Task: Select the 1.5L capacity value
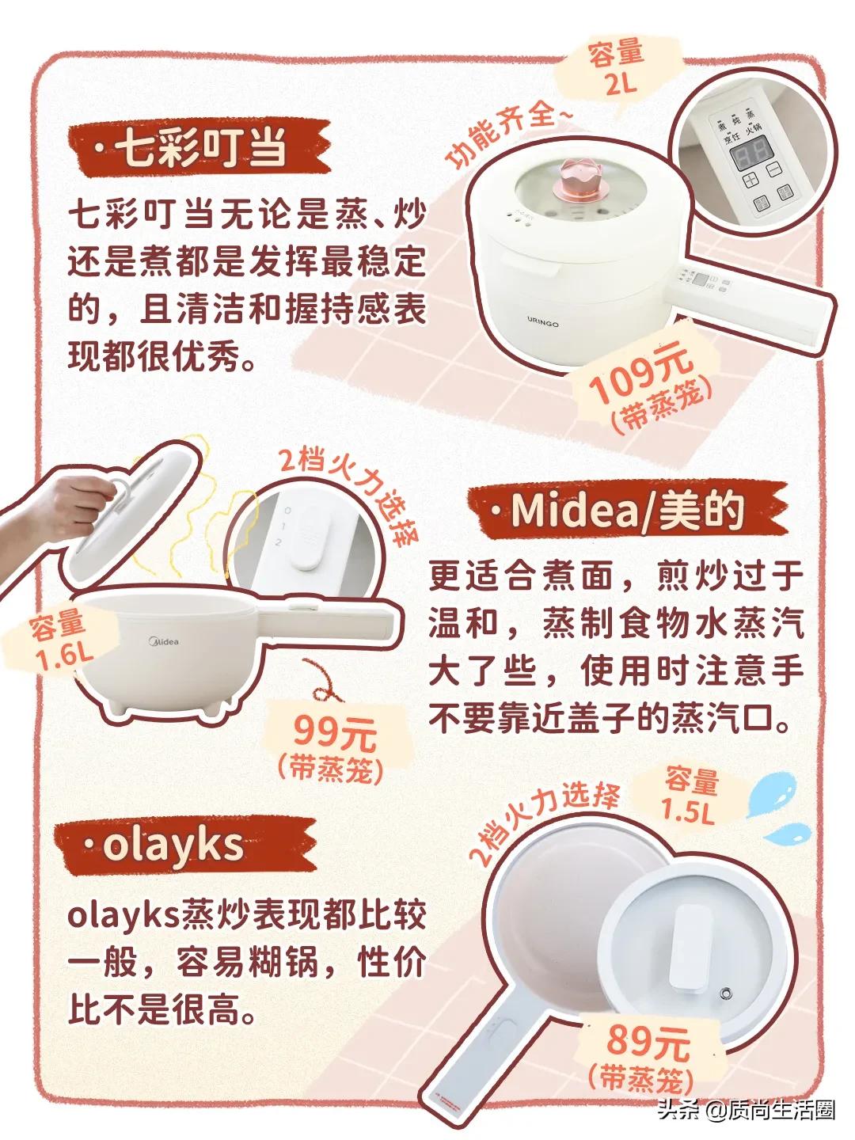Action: [x=691, y=812]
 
